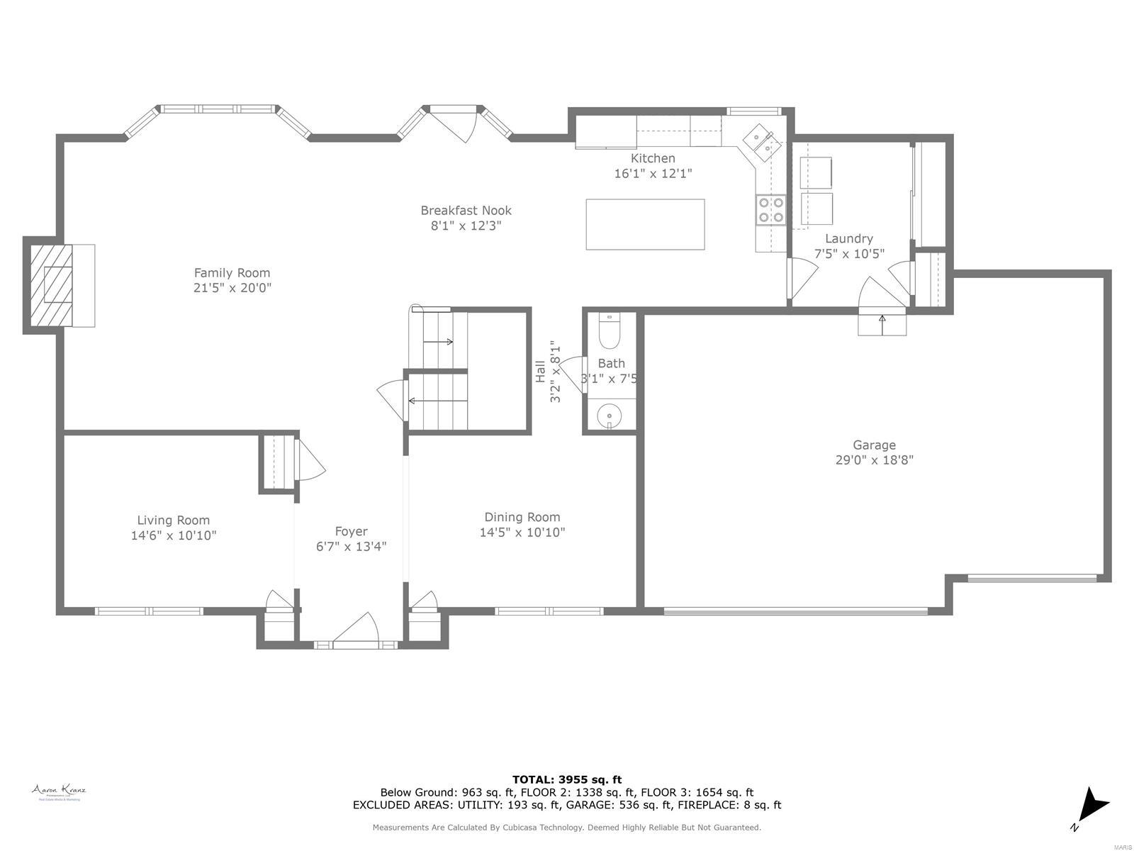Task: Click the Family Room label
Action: click(232, 272)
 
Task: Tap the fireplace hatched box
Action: click(51, 286)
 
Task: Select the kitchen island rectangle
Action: click(645, 224)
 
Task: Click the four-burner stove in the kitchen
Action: click(770, 209)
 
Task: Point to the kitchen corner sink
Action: click(761, 141)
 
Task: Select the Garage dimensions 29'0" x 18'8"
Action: click(874, 460)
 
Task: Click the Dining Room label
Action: click(522, 517)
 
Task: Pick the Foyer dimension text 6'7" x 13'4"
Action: click(351, 546)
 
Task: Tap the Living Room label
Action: click(173, 520)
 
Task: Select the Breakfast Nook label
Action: click(466, 210)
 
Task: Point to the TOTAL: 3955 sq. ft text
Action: click(567, 779)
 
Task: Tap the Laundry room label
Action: click(848, 238)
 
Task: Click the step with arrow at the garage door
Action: click(882, 324)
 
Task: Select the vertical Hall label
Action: click(540, 372)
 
